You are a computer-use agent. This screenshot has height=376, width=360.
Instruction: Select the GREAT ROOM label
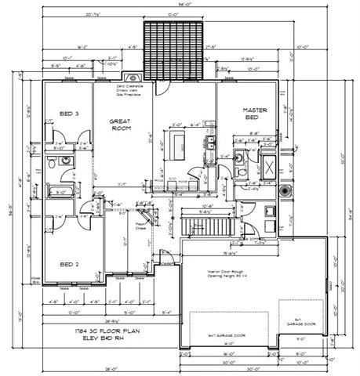point(123,126)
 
